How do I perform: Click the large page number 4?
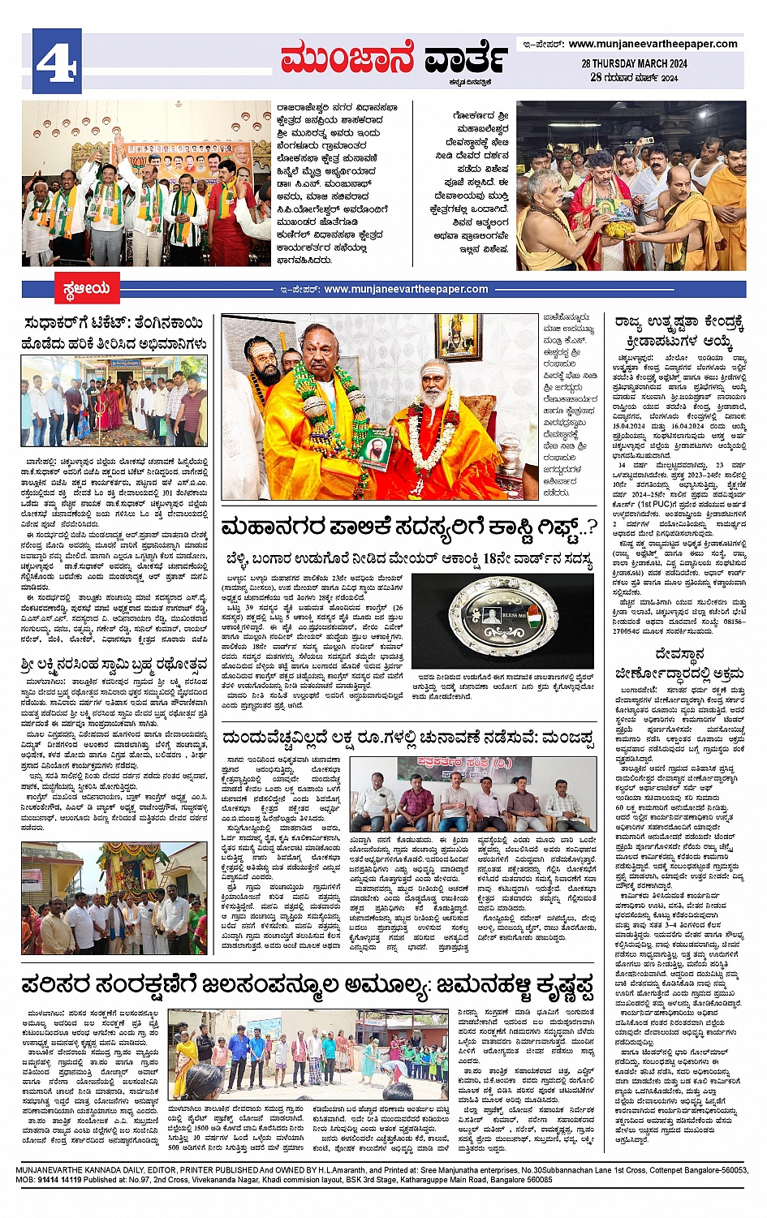coord(57,61)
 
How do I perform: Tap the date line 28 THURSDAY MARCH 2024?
coord(634,63)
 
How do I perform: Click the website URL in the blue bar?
coord(406,289)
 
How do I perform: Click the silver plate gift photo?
coord(502,616)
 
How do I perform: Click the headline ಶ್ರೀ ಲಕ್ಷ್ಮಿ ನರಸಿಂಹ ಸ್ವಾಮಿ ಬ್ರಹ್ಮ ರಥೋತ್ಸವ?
coord(114,664)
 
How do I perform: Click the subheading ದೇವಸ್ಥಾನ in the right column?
coord(679,654)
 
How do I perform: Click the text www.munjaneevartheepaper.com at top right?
coord(653,44)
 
